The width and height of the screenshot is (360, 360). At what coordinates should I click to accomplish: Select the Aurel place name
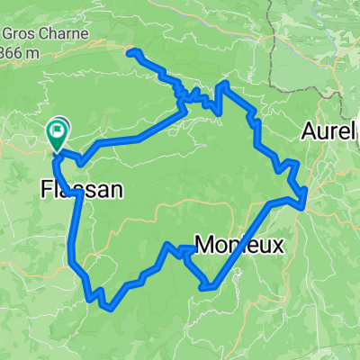328,131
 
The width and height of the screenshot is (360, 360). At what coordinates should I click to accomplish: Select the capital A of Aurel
308,131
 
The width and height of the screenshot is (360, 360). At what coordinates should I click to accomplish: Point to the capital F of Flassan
47,190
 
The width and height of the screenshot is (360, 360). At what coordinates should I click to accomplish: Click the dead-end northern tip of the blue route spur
133,51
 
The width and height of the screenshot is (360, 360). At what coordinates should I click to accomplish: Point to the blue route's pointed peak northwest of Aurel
221,85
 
